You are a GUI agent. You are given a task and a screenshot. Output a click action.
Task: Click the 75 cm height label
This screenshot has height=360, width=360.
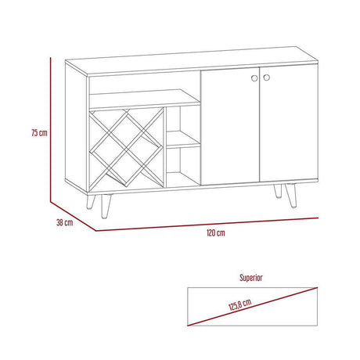pos(39,132)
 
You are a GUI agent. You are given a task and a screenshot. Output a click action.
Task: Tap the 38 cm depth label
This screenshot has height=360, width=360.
pos(65,222)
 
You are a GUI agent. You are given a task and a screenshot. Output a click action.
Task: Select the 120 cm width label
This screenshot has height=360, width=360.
pos(216,232)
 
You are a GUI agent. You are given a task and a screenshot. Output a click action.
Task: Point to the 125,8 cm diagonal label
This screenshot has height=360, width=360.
pos(240,304)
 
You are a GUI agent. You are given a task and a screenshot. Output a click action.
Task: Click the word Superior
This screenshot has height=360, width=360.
pos(251,278)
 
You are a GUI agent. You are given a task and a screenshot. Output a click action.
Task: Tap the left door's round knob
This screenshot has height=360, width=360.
pos(254,77)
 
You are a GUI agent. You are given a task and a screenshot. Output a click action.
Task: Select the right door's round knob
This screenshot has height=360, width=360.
pos(266,77)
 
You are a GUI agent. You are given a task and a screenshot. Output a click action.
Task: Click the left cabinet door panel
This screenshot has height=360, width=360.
pos(230,126)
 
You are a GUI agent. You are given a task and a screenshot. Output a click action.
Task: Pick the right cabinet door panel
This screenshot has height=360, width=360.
pos(289,123)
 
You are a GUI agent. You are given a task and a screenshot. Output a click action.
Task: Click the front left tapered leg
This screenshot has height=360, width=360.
pos(106,206)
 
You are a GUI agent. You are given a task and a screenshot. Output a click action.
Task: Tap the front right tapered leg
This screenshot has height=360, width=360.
pos(291,196)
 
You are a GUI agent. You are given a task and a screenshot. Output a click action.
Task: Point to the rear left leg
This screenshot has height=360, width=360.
pos(91,202)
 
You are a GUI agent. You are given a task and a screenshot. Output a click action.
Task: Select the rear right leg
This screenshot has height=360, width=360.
pos(278,191)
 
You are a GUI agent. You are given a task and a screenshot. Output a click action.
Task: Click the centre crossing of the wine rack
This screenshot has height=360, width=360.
pos(127,149)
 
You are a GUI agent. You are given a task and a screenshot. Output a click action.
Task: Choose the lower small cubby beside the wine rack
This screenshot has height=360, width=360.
pos(183,166)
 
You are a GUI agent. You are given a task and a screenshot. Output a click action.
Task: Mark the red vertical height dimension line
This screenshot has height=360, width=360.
pos(50,130)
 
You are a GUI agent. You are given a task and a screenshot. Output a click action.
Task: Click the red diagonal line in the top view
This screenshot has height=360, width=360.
pos(253,307)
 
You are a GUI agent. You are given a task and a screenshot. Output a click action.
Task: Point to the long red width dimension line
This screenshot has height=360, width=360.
pos(207,225)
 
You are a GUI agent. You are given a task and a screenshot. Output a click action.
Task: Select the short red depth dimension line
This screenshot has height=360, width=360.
pos(73,216)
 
